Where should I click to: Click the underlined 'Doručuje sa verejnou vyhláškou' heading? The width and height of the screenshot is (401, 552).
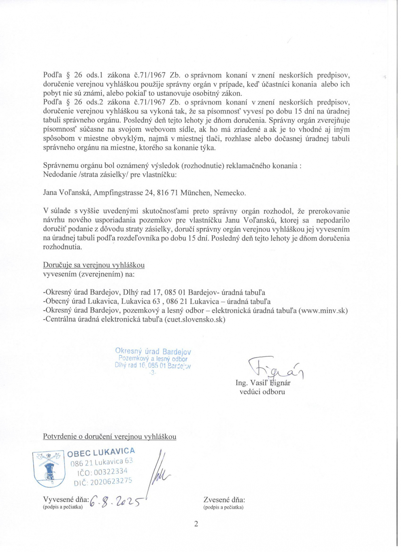(94, 265)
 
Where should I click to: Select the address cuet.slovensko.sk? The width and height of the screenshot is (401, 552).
(195, 320)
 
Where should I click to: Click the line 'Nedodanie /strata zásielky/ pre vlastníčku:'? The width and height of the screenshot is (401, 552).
(110, 175)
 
